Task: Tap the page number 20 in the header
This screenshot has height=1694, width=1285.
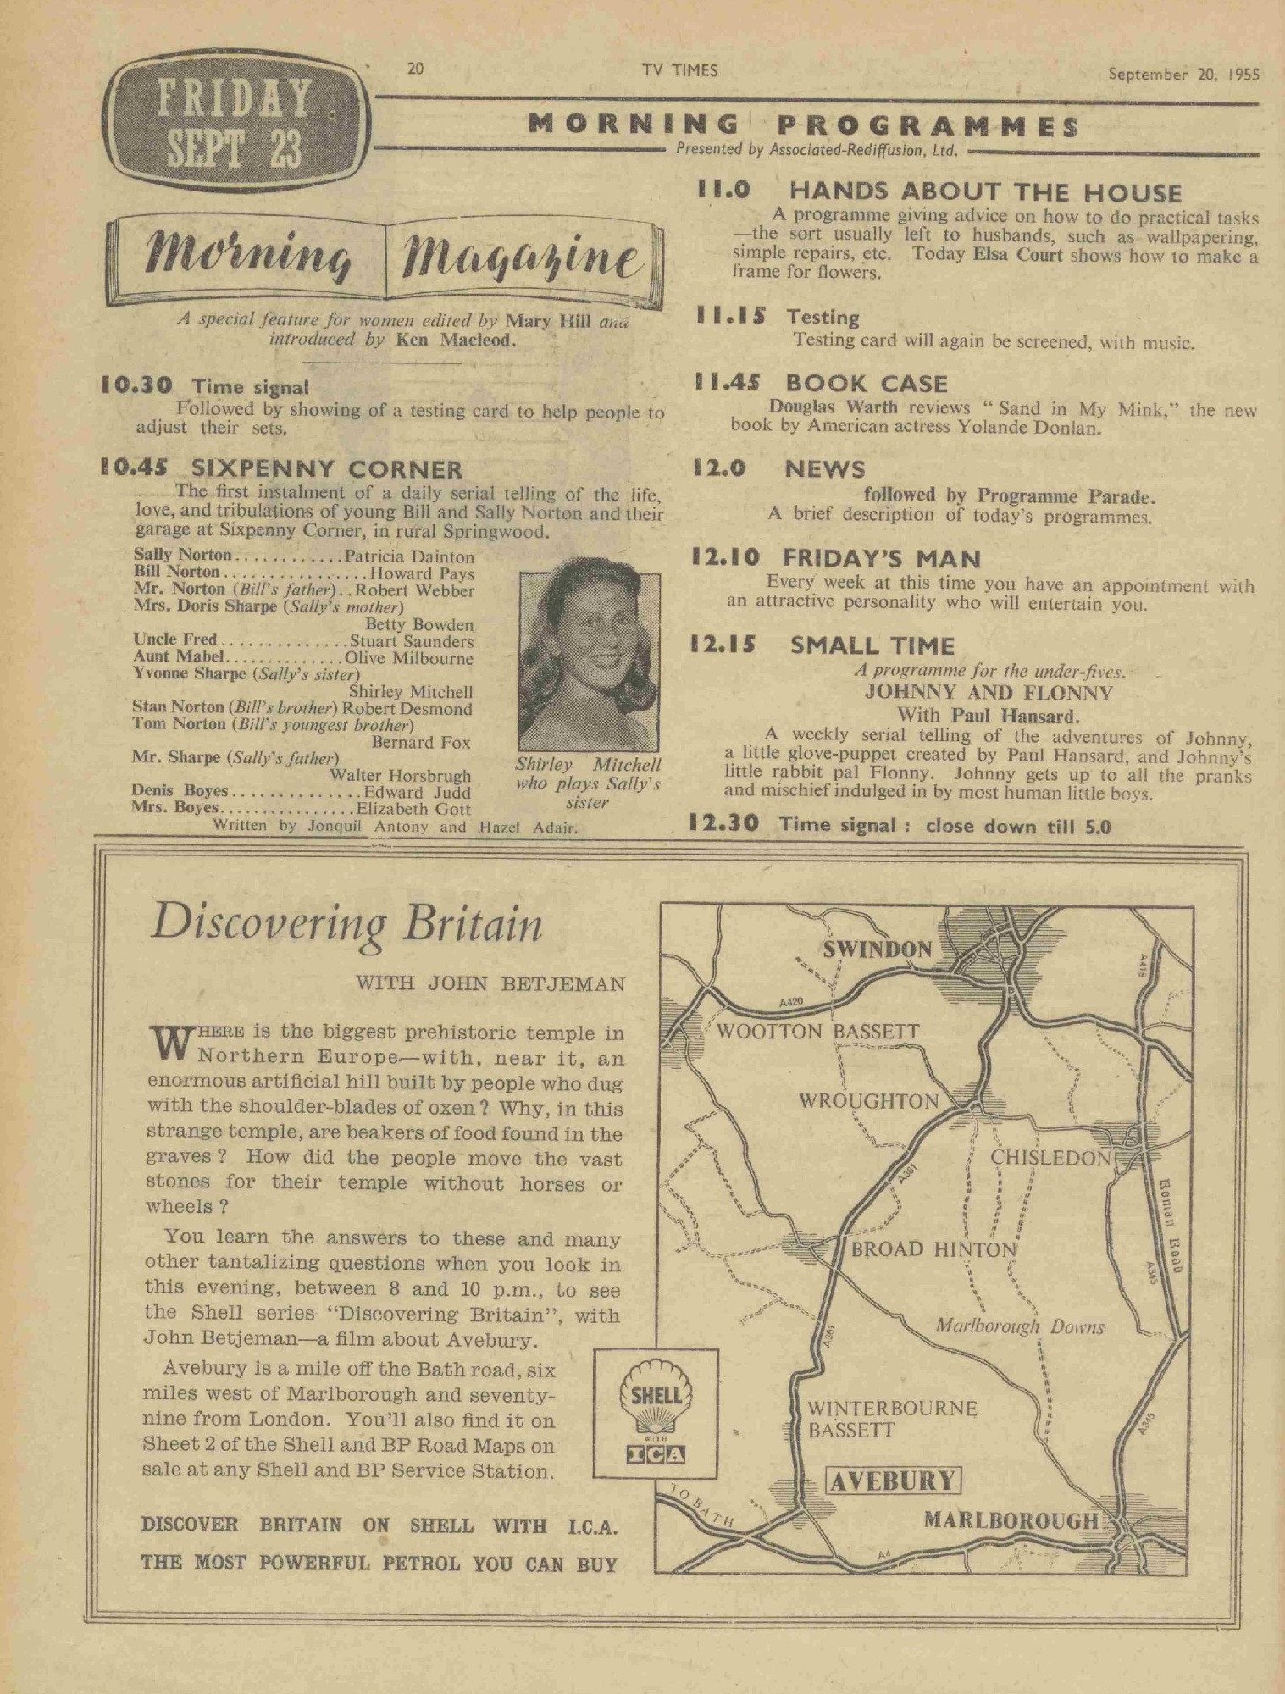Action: (415, 70)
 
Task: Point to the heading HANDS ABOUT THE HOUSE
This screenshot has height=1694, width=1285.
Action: (985, 192)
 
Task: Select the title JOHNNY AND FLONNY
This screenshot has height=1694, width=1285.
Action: (988, 693)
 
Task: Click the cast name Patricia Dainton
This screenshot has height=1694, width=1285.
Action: (410, 556)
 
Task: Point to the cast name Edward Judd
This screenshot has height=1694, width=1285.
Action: (418, 792)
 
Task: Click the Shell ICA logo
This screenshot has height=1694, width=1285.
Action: (656, 1422)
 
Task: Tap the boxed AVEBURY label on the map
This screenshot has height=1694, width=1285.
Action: (894, 1481)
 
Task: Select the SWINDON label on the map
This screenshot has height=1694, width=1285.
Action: (877, 949)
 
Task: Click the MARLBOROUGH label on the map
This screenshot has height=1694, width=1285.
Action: (1011, 1520)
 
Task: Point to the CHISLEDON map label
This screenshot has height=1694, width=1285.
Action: (1050, 1158)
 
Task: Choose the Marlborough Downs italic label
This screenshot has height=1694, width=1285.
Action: (1020, 1326)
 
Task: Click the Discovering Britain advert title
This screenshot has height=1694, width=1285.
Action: (346, 924)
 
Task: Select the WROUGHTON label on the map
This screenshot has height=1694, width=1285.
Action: (869, 1101)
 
